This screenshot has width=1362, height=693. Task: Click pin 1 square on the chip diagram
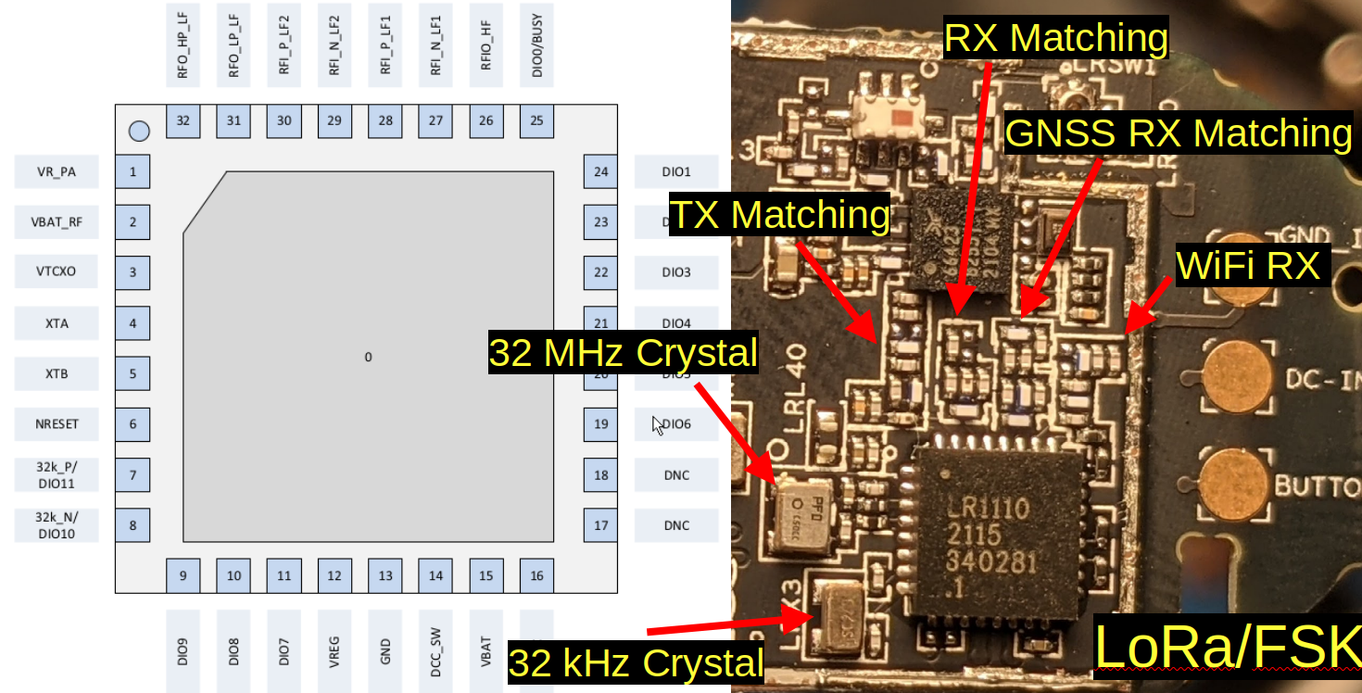[x=133, y=171]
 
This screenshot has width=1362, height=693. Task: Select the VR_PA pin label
[x=56, y=171]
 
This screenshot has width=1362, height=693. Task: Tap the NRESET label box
[x=56, y=424]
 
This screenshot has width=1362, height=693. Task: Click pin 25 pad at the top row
[x=536, y=120]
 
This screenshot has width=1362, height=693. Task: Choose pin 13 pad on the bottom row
[x=385, y=575]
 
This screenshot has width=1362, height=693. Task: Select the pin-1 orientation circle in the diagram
[x=139, y=132]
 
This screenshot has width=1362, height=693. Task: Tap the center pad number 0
[x=368, y=357]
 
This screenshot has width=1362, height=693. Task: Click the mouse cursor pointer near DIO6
[x=657, y=424]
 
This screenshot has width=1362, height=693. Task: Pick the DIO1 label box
[x=676, y=171]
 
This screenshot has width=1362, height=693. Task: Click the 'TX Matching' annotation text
[x=778, y=215]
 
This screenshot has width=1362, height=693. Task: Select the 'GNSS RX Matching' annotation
[x=1179, y=133]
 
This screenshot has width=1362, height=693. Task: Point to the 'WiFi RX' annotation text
[x=1247, y=266]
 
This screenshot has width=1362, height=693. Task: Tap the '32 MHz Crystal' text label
[x=623, y=353]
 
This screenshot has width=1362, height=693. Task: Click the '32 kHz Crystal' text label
[x=636, y=663]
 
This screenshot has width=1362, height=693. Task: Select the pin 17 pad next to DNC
[x=600, y=525]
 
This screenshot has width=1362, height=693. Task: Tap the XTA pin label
[x=56, y=323]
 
